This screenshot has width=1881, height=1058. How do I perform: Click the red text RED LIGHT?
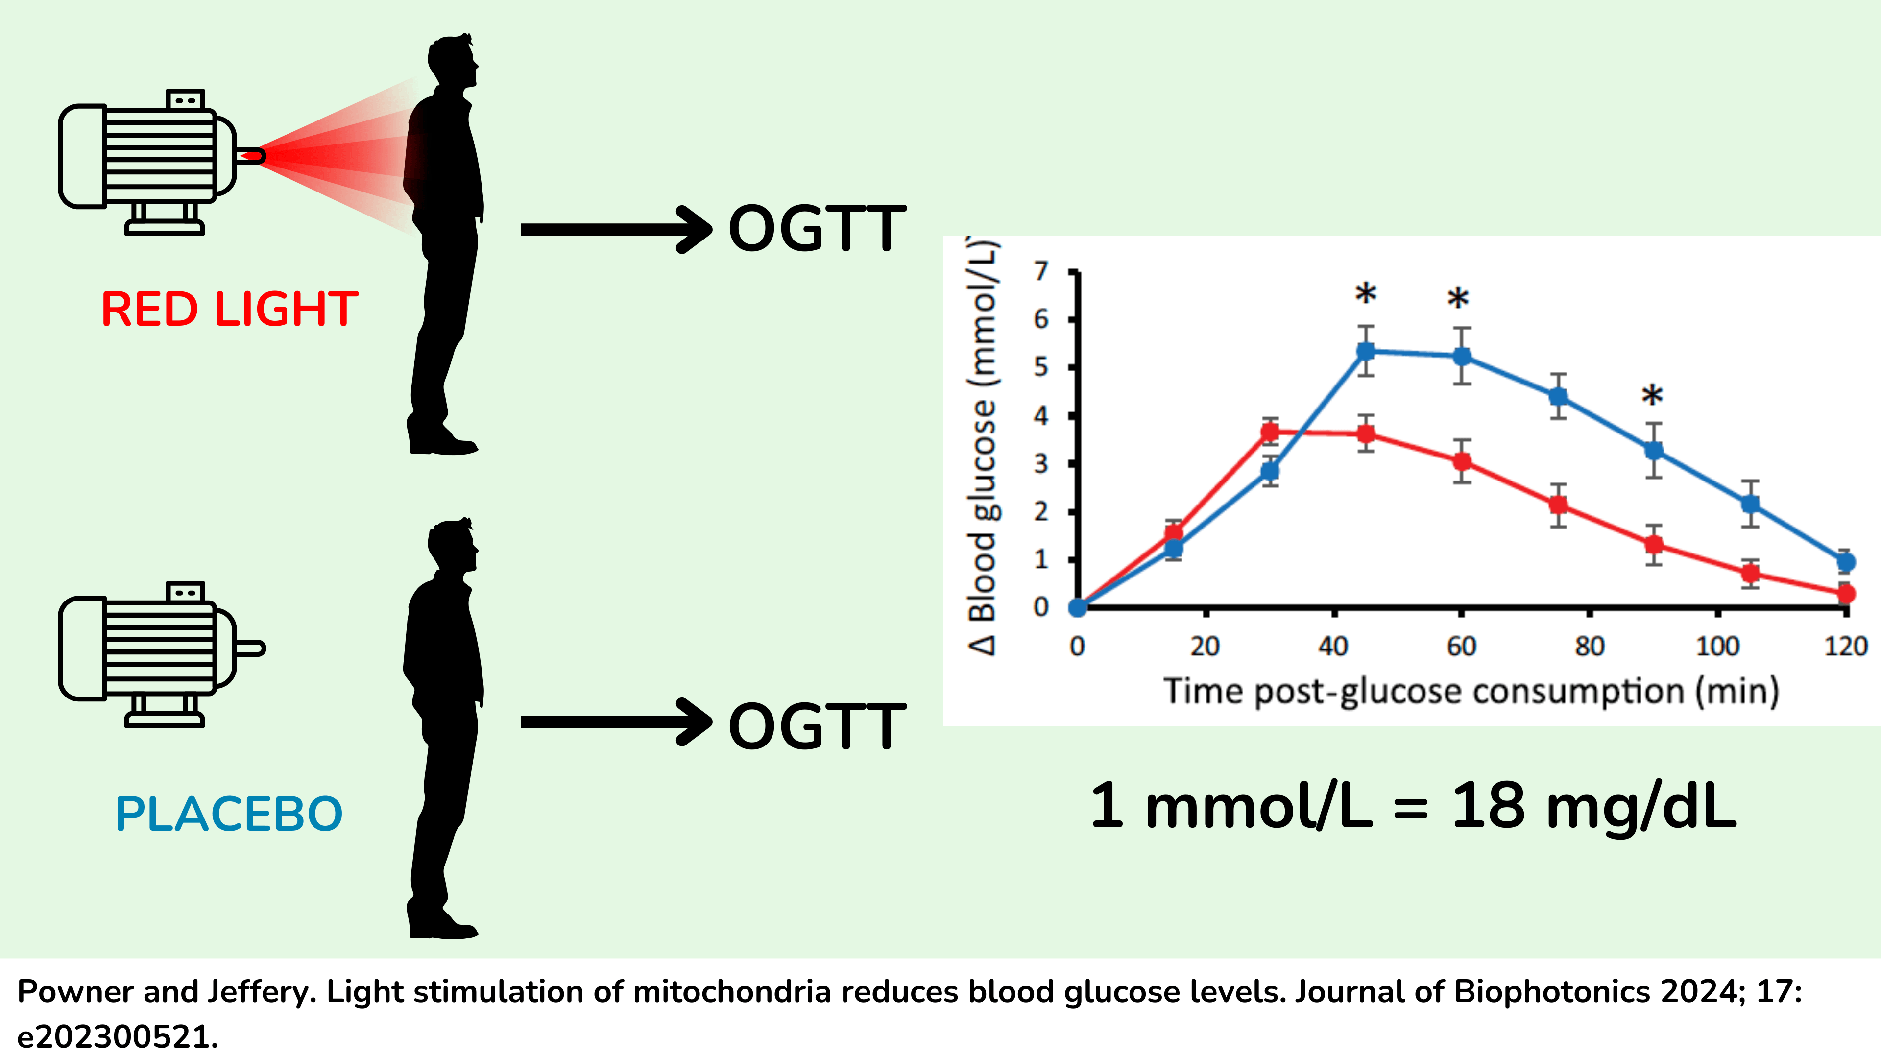click(x=229, y=309)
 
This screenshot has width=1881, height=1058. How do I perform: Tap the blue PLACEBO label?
click(x=229, y=814)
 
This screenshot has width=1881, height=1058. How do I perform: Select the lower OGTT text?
click(x=817, y=726)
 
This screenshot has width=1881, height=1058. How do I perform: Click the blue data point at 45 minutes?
click(x=1366, y=351)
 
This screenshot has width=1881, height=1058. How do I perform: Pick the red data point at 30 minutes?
click(x=1270, y=432)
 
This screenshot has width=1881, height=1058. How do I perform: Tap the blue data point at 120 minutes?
click(x=1845, y=561)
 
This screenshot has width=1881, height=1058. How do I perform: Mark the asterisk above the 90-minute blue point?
click(x=1652, y=396)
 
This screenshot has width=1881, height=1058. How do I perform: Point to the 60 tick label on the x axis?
click(x=1461, y=646)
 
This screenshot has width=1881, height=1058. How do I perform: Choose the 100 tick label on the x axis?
click(x=1717, y=646)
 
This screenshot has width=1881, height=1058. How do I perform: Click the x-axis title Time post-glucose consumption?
click(x=1471, y=691)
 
